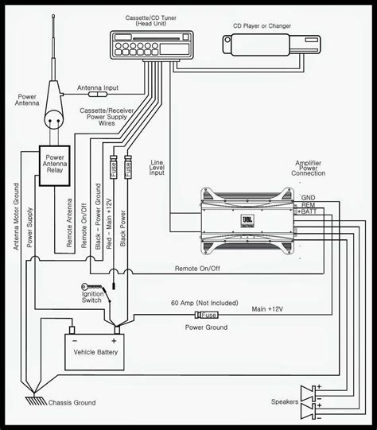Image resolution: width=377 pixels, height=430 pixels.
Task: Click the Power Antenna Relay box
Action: [x=64, y=165]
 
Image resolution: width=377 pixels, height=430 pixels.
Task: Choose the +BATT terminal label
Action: [x=311, y=212]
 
